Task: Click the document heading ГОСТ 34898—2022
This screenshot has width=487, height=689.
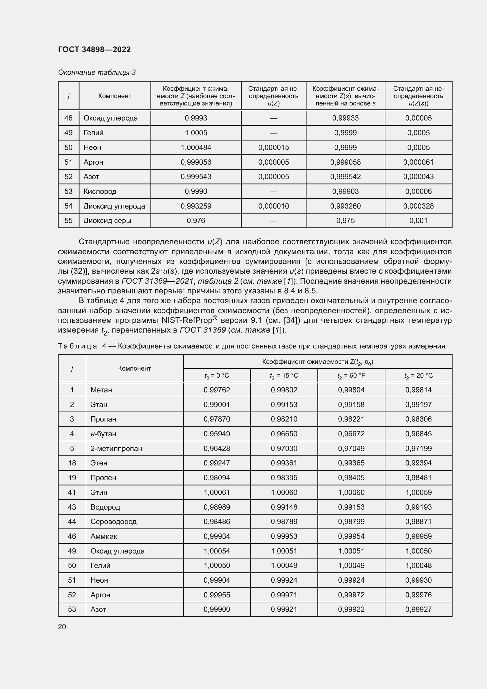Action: pyautogui.click(x=94, y=49)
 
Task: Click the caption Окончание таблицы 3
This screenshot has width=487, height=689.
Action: pyautogui.click(x=97, y=72)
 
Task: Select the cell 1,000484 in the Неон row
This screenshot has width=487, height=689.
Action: pyautogui.click(x=196, y=147)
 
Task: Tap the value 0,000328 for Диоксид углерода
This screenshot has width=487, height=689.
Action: pyautogui.click(x=418, y=206)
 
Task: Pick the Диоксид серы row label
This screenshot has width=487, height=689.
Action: pyautogui.click(x=107, y=221)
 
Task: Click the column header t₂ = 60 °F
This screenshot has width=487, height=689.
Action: pyautogui.click(x=351, y=376)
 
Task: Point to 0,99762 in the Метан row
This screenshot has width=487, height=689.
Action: pyautogui.click(x=216, y=390)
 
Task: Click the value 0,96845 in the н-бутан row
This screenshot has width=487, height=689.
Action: pyautogui.click(x=418, y=434)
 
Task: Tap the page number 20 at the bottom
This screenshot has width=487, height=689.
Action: pyautogui.click(x=62, y=627)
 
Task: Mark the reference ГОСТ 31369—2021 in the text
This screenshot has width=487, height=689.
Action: pyautogui.click(x=156, y=281)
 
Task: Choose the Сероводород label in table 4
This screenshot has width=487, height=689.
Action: pyautogui.click(x=113, y=522)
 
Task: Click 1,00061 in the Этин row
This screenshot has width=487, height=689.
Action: pyautogui.click(x=216, y=492)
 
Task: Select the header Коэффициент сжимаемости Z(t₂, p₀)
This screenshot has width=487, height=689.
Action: pyautogui.click(x=317, y=362)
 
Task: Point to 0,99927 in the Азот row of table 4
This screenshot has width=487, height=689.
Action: pyautogui.click(x=418, y=609)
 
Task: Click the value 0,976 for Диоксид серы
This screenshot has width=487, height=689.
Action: pyautogui.click(x=196, y=221)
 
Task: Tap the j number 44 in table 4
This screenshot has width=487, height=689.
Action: pyautogui.click(x=72, y=522)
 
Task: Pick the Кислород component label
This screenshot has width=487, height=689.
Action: pyautogui.click(x=100, y=191)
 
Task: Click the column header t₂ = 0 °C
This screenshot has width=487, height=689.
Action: pyautogui.click(x=216, y=376)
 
